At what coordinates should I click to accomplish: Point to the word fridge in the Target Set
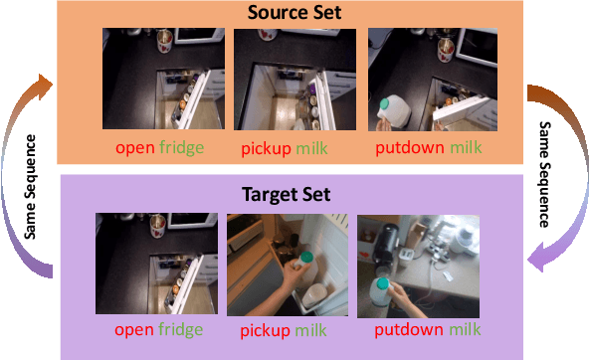[x=182, y=329]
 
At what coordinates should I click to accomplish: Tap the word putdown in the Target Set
[x=409, y=330]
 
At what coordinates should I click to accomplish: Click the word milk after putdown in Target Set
[x=465, y=330]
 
